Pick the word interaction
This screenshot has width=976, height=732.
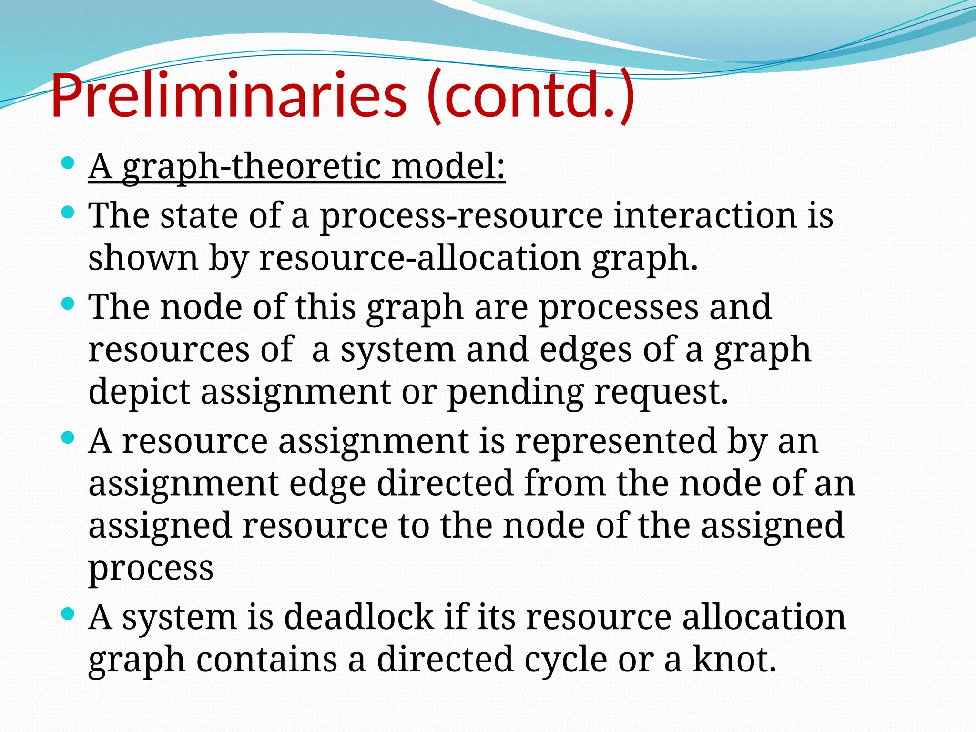(x=705, y=216)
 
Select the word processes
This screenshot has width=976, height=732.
(x=618, y=307)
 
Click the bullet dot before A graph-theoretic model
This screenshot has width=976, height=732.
(x=68, y=163)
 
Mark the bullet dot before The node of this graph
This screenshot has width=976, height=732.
(x=68, y=304)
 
